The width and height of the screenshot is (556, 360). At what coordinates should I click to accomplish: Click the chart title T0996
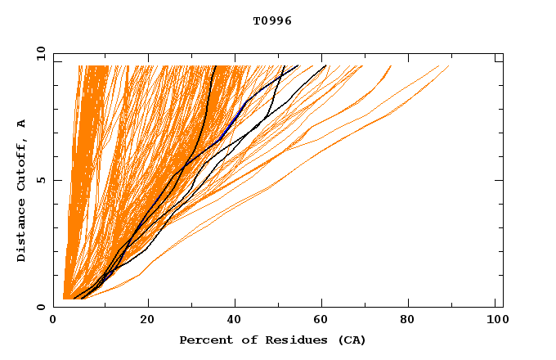click(x=272, y=21)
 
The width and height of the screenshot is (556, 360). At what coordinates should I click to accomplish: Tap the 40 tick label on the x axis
click(x=235, y=321)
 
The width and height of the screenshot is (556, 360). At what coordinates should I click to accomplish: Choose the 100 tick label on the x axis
click(x=495, y=321)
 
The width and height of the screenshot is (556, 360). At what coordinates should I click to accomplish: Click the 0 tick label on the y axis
click(x=41, y=308)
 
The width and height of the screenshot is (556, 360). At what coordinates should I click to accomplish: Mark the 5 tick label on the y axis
click(x=41, y=180)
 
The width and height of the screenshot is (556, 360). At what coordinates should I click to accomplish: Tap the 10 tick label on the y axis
click(x=38, y=53)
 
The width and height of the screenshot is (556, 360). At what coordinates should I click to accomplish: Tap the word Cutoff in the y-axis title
click(x=21, y=163)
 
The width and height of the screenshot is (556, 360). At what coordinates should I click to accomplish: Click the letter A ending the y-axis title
click(x=21, y=124)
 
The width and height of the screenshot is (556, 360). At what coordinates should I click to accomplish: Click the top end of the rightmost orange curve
click(x=449, y=65)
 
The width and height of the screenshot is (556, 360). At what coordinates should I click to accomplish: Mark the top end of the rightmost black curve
click(x=325, y=65)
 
